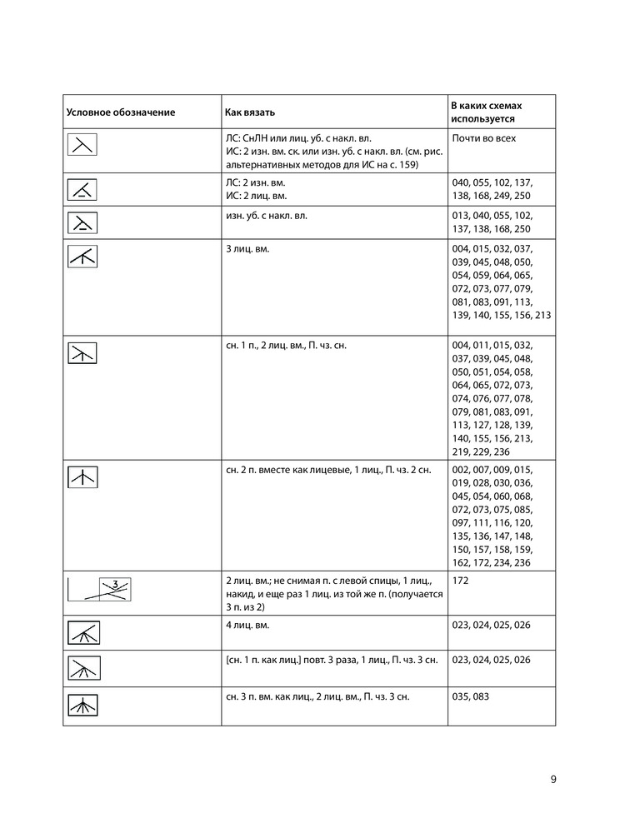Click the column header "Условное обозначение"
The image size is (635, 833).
point(121,112)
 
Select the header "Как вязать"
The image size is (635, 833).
point(250,112)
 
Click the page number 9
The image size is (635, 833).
point(553,780)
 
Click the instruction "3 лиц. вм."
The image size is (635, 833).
point(247,249)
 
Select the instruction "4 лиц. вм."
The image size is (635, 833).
point(247,625)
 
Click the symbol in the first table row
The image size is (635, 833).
point(82,145)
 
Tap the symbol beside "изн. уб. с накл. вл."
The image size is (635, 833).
point(82,222)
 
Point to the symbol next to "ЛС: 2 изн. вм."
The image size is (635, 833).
point(82,189)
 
